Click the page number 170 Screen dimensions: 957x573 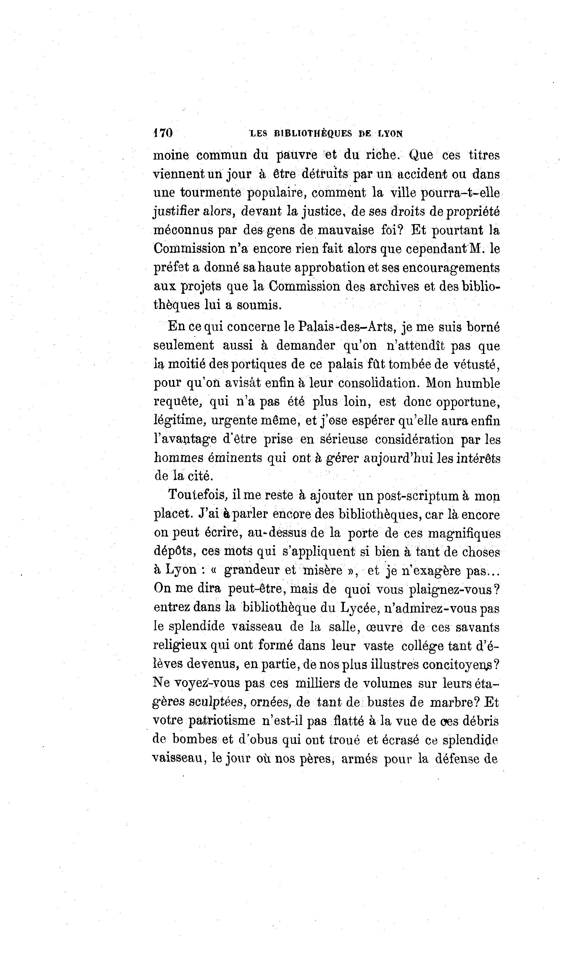pyautogui.click(x=163, y=133)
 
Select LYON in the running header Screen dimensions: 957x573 pyautogui.click(x=390, y=134)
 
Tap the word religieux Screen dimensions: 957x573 pyautogui.click(x=180, y=646)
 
